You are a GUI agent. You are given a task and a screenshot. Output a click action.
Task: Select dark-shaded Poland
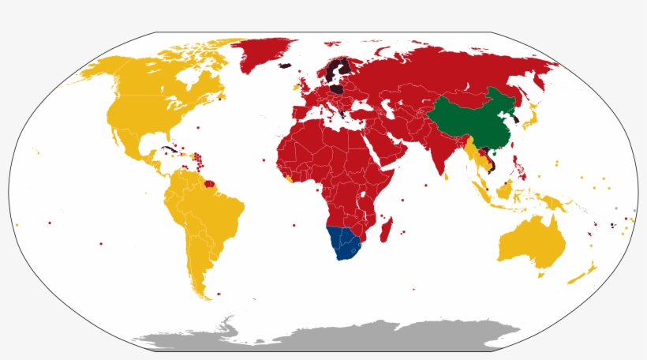[337, 90]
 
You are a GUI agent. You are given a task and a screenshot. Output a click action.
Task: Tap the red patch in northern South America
[209, 186]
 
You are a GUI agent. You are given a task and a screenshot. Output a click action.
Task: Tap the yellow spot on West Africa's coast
[290, 180]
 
